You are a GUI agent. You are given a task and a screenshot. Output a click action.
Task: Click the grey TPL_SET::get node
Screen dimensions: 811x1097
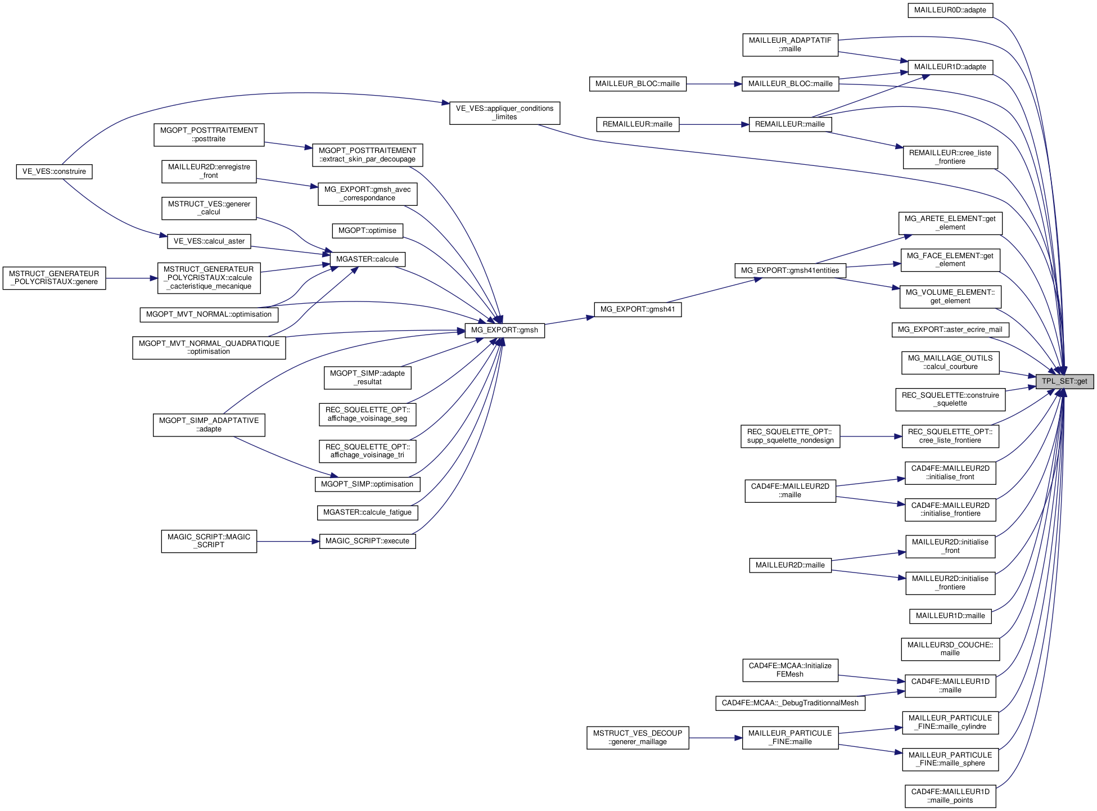click(1064, 381)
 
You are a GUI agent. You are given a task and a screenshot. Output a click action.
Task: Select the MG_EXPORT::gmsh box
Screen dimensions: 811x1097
click(504, 330)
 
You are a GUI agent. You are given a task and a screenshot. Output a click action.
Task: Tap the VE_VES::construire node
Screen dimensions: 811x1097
click(54, 172)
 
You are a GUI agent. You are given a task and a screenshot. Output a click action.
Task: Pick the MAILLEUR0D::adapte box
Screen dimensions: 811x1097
click(950, 10)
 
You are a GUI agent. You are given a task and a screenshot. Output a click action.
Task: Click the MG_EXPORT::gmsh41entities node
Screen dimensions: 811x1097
click(789, 271)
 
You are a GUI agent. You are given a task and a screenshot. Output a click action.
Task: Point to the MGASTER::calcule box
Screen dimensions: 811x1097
click(367, 259)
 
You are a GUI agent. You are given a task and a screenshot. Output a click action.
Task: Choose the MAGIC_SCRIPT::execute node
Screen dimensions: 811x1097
click(367, 541)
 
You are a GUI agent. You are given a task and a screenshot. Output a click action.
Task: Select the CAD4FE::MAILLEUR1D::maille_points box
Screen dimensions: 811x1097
click(950, 796)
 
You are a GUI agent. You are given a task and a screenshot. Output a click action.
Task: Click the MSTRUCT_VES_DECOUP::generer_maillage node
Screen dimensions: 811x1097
click(638, 737)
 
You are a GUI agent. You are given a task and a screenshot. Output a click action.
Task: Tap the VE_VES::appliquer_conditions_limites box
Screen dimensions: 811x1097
click(504, 112)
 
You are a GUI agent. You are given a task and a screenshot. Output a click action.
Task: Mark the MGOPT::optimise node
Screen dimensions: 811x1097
click(367, 231)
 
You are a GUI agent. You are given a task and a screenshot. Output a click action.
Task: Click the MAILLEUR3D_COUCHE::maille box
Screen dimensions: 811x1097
click(950, 649)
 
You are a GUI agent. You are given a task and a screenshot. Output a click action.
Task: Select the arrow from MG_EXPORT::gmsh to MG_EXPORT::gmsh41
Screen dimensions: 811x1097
click(569, 320)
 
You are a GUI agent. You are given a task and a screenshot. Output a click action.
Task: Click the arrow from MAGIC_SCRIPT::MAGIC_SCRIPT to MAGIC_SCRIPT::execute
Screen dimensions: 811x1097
click(288, 542)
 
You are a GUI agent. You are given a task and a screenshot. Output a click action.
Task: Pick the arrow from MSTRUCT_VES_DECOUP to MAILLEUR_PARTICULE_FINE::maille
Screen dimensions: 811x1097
click(715, 737)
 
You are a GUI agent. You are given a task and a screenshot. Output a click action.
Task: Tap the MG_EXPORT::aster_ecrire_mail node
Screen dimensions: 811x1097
click(950, 330)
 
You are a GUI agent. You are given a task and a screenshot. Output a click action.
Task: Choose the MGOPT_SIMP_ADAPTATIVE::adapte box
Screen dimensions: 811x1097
click(209, 425)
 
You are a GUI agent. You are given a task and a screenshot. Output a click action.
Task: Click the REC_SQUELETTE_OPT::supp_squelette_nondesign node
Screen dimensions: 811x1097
click(790, 436)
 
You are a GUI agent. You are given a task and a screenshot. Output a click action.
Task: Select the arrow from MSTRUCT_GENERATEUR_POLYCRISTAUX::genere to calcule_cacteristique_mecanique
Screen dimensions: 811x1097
click(132, 278)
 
